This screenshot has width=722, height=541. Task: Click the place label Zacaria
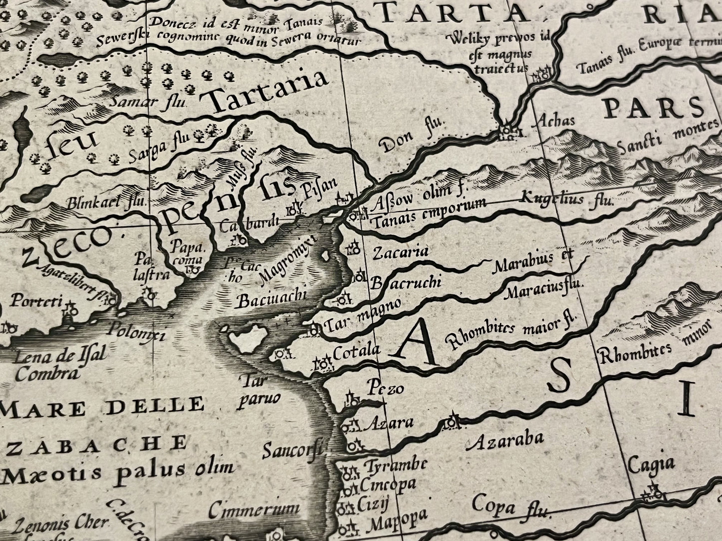401,252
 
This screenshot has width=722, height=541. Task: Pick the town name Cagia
648,466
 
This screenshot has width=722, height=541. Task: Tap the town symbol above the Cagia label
654,494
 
